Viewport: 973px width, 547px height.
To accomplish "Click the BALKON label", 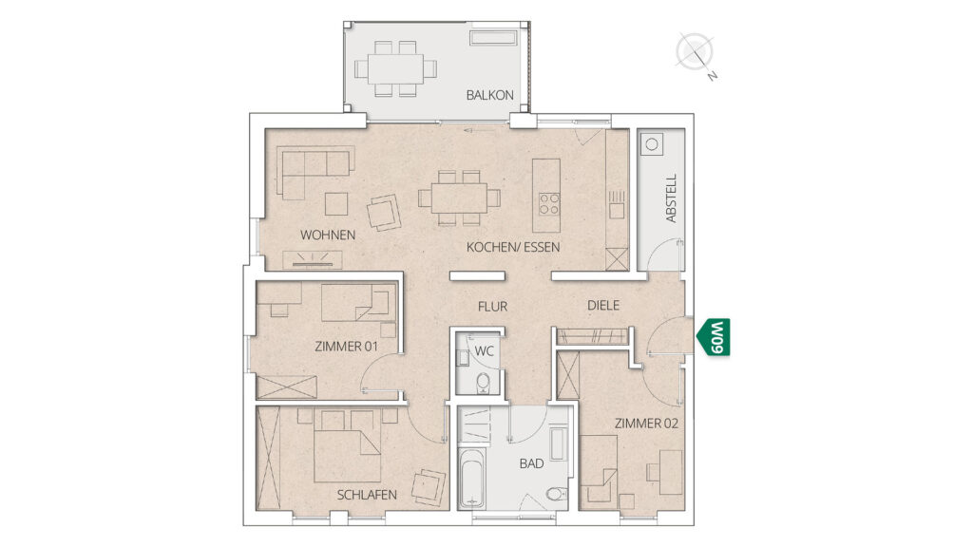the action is coord(489,95).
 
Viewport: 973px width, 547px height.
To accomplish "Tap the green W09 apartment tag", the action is coord(715,337).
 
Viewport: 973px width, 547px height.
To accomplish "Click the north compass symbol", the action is coord(696,54).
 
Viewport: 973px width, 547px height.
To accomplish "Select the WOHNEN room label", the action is coord(328,236).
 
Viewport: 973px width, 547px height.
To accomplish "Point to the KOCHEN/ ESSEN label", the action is coord(513,247).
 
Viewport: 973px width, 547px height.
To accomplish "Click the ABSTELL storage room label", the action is coord(671,198).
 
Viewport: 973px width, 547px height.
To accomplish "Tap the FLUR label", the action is coord(493,307).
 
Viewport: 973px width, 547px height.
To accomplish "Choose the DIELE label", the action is coord(603,305).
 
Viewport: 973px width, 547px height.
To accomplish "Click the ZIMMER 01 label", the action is coord(346,346).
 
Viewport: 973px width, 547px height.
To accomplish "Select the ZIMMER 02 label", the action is coord(646,424).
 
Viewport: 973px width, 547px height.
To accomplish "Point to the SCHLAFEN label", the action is coord(367,495).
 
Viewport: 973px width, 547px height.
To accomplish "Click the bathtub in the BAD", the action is coord(472,479).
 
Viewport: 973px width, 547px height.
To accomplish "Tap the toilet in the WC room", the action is coord(483,384).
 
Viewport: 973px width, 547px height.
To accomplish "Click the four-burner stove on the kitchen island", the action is coord(549,203).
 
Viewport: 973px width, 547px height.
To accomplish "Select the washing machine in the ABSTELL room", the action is coord(652,144).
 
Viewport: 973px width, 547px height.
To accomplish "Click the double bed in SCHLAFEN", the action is coord(347,445).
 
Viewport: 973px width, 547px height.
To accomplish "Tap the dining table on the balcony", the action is coord(395,68).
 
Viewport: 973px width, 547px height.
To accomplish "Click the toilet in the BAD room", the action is coord(557,494).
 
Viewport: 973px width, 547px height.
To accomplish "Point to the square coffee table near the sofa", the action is coord(336,203).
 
